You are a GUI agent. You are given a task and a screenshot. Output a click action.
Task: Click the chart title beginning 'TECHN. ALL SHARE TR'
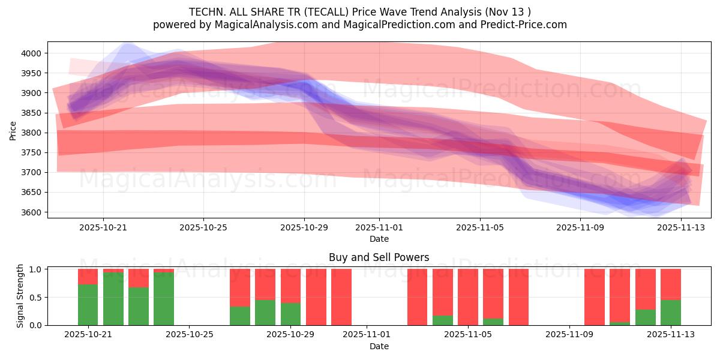[x=360, y=12]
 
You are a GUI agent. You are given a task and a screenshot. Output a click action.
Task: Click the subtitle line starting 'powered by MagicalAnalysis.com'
[x=360, y=25]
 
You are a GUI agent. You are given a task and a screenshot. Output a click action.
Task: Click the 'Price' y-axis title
[x=13, y=130]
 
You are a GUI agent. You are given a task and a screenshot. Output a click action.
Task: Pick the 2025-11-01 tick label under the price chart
[x=379, y=227]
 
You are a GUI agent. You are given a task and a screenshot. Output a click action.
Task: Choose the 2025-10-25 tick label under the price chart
[x=203, y=227]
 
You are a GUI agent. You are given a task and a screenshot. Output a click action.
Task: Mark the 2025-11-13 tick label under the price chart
[x=681, y=227]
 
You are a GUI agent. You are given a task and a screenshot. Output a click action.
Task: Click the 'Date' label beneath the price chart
[x=379, y=239]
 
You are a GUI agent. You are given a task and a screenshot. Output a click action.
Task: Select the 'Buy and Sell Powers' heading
[x=379, y=258]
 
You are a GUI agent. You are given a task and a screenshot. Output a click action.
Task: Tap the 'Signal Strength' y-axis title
[x=20, y=296]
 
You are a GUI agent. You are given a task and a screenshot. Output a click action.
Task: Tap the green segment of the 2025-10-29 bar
[x=291, y=314]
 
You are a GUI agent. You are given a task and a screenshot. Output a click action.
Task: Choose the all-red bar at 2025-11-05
[x=468, y=297]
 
